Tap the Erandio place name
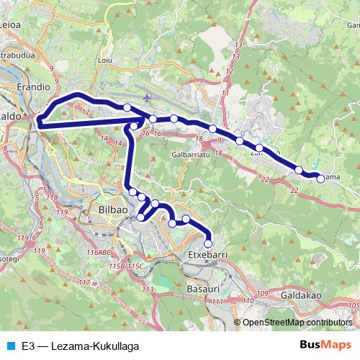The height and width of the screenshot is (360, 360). [32, 86]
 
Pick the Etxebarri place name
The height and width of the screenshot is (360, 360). [207, 256]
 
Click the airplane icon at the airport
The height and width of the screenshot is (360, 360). [148, 97]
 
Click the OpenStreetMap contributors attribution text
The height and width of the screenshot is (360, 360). [297, 323]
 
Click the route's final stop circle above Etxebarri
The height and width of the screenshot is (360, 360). [208, 243]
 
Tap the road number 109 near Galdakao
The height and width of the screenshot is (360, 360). [263, 293]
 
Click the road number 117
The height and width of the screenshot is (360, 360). [84, 282]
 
